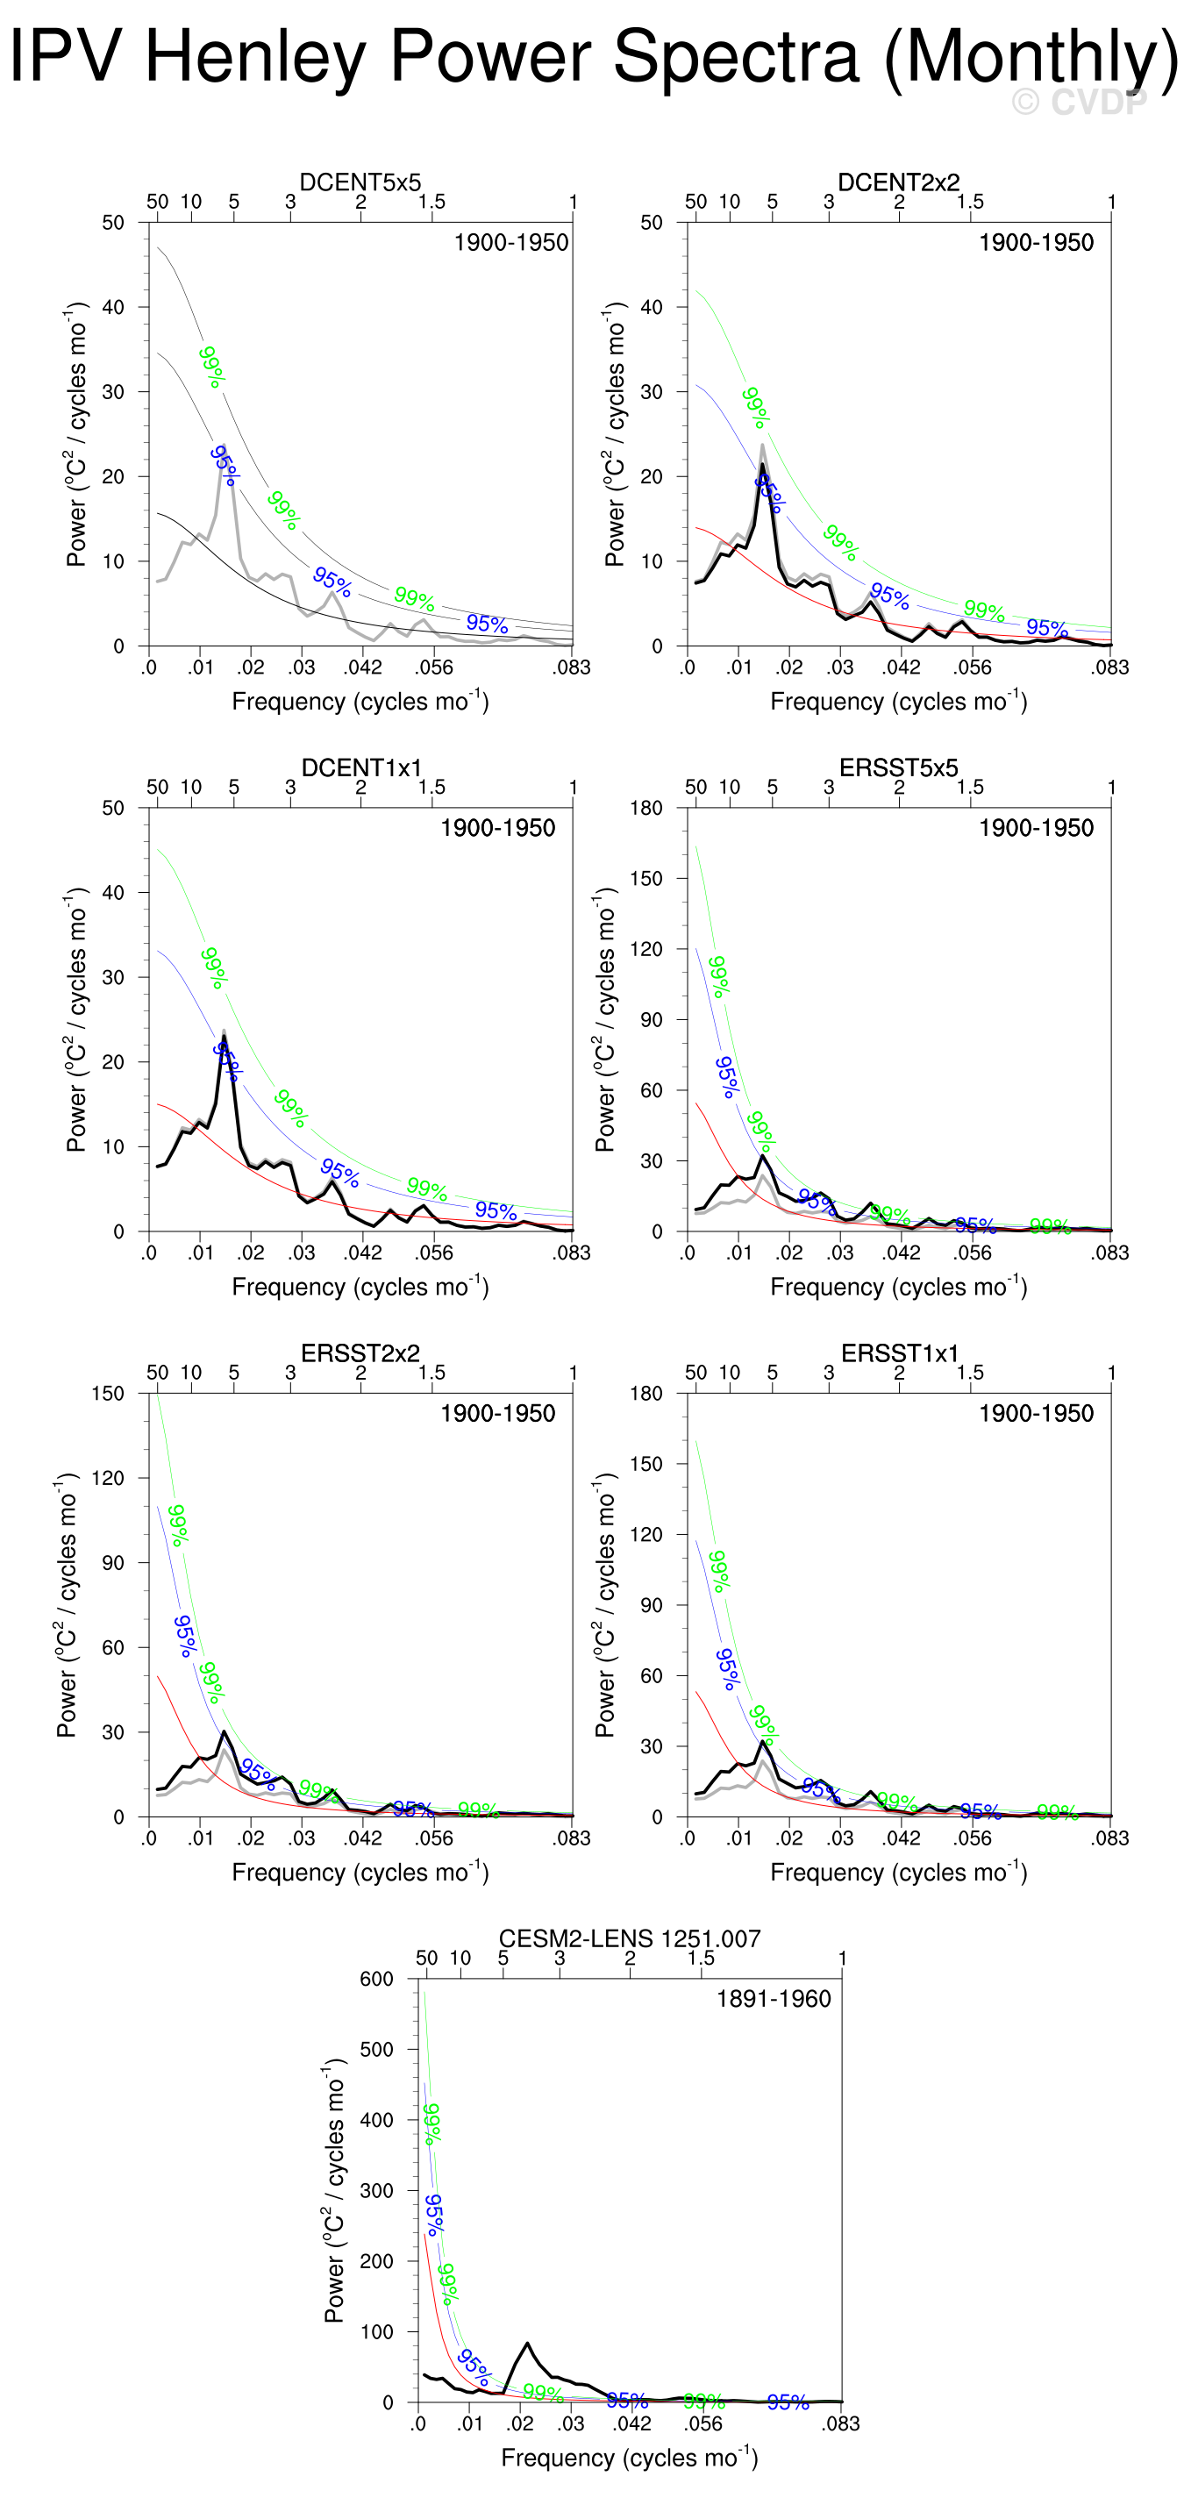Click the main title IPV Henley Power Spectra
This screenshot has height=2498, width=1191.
point(594,56)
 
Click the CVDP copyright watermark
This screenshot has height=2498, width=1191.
point(1079,101)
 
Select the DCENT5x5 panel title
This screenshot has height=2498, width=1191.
point(360,182)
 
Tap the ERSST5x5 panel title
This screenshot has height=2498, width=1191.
point(898,767)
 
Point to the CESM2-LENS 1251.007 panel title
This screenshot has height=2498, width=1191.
point(630,1938)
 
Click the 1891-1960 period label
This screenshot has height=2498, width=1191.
point(773,1999)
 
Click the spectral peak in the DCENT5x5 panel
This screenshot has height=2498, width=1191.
point(224,447)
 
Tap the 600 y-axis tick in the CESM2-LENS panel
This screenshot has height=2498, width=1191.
point(376,1978)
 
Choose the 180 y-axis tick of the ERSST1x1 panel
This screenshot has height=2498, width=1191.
point(646,1394)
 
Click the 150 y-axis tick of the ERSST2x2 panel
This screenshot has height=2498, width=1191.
point(108,1394)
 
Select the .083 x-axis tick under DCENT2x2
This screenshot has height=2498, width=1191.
point(1110,667)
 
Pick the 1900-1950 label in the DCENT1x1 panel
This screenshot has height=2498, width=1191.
point(497,828)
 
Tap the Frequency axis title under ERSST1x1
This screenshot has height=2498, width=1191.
point(898,1872)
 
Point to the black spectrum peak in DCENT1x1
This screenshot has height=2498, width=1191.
point(224,1037)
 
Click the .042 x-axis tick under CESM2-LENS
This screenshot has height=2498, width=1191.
point(631,2423)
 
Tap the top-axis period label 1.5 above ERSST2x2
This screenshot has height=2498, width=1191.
point(431,1372)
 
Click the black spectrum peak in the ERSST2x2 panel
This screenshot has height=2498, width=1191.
point(224,1731)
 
